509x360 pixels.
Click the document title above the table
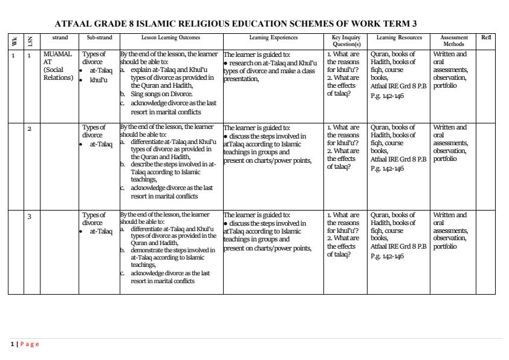click(236, 24)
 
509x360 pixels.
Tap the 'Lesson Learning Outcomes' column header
click(171, 38)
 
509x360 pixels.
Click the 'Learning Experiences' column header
click(273, 38)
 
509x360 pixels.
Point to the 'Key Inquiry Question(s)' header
click(346, 41)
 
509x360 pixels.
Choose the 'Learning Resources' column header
click(398, 38)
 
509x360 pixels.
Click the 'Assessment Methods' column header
click(453, 41)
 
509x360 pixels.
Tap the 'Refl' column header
click(485, 38)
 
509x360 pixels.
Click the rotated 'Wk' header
click(15, 41)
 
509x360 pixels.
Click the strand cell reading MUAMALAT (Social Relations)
click(58, 66)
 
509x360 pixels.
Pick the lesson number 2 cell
click(29, 128)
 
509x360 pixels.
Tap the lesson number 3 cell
click(29, 216)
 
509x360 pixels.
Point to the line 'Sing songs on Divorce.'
click(161, 94)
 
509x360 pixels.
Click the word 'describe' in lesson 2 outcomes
click(143, 164)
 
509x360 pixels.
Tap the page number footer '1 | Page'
click(24, 344)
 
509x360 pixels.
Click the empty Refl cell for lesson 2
click(485, 166)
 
